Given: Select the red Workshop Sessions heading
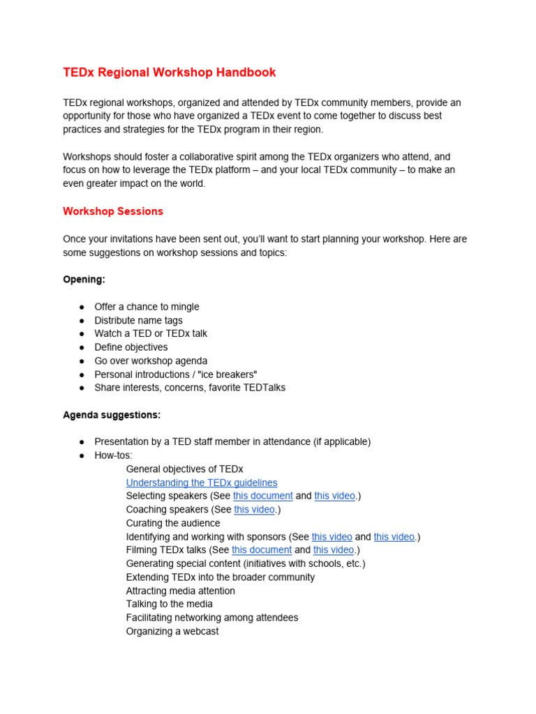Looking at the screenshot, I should click(x=113, y=211).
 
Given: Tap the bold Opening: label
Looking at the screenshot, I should click(x=84, y=280).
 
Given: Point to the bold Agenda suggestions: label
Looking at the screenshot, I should click(x=112, y=415).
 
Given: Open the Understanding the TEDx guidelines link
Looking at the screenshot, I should click(x=202, y=483).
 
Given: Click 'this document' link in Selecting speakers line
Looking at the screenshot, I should click(x=263, y=496).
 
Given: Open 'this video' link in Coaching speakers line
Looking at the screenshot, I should click(x=254, y=510).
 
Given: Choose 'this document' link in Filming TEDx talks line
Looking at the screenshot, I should click(x=262, y=550).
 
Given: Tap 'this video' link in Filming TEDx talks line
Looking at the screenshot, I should click(x=334, y=550).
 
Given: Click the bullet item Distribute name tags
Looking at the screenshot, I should click(x=138, y=321).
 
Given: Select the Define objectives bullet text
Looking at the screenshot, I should click(x=131, y=347).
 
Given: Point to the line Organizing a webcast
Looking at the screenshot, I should click(x=172, y=631).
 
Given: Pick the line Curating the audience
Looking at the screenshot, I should click(x=173, y=523).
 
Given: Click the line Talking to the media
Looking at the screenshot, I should click(x=170, y=604).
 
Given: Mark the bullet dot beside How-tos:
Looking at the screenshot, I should click(x=82, y=455).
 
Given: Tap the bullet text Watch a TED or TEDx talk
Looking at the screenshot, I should click(x=151, y=334).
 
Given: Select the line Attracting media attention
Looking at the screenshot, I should click(x=181, y=591).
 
